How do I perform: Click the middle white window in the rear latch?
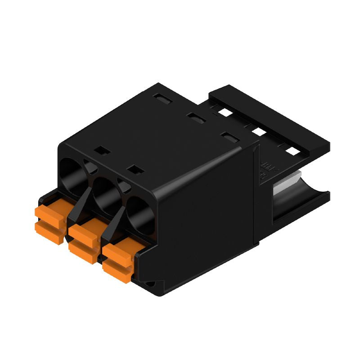[x=258, y=131]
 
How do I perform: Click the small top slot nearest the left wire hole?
[x=101, y=150]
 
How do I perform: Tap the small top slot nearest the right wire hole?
[x=134, y=170]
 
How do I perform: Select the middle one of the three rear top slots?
[x=195, y=117]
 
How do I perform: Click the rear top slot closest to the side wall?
[x=230, y=137]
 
